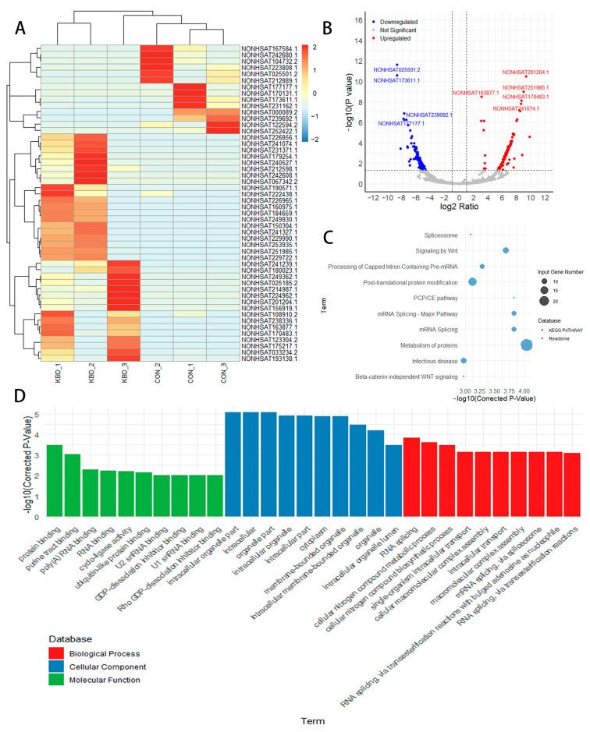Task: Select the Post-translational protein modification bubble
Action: point(472,281)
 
